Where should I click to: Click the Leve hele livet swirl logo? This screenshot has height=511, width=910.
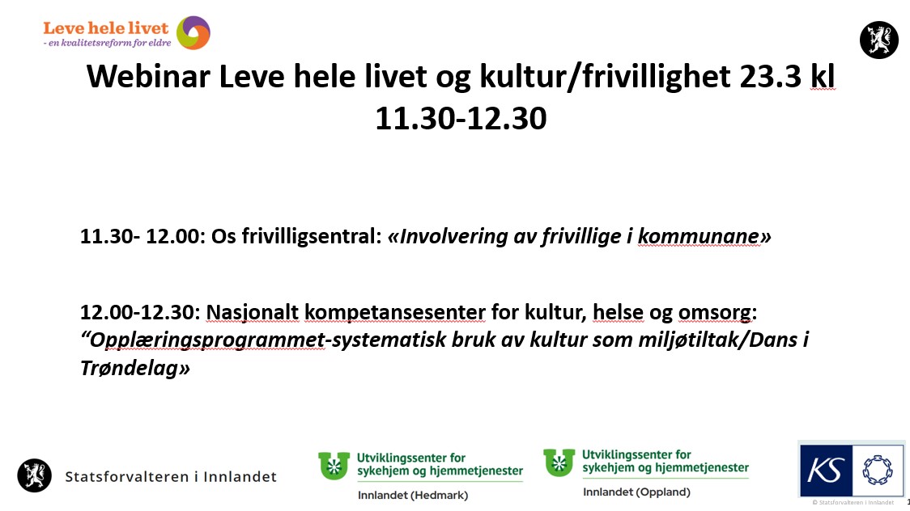[x=193, y=32]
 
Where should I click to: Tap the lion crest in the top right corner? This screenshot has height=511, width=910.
[x=878, y=40]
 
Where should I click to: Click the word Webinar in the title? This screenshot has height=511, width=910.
[x=148, y=77]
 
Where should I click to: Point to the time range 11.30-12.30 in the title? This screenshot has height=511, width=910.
[x=461, y=118]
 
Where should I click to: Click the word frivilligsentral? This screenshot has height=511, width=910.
[x=310, y=236]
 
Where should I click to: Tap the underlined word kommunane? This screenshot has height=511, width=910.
[x=698, y=236]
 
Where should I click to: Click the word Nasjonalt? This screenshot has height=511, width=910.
[x=252, y=312]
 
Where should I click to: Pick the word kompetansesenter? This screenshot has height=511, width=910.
[x=394, y=313]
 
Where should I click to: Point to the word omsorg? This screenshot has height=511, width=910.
[x=714, y=313]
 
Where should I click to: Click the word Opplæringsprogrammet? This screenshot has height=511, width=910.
[x=207, y=340]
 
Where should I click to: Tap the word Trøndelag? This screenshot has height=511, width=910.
[x=130, y=368]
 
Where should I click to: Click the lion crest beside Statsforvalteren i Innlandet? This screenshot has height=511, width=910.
[x=34, y=475]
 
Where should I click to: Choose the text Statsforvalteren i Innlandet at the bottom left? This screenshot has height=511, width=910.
[x=171, y=477]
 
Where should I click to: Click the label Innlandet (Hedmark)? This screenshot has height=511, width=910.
[x=413, y=496]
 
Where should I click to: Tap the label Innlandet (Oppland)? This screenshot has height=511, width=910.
[x=636, y=492]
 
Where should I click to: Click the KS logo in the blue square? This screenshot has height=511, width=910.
[x=826, y=471]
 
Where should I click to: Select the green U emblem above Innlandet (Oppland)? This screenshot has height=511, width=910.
[x=559, y=462]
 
